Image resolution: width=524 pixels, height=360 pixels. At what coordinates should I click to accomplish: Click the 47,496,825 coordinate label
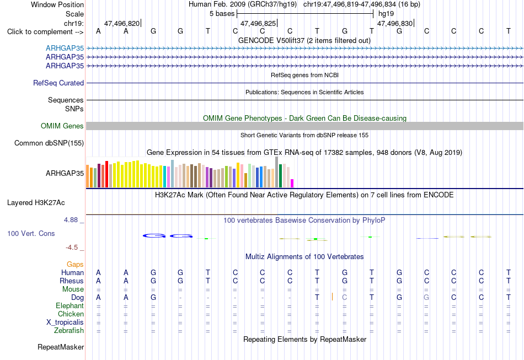click(x=258, y=23)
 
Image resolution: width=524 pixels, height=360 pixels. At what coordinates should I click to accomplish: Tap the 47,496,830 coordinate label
click(x=395, y=23)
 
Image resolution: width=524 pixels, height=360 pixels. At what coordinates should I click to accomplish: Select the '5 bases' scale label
click(x=222, y=14)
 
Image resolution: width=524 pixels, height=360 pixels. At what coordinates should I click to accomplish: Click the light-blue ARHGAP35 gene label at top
click(x=65, y=48)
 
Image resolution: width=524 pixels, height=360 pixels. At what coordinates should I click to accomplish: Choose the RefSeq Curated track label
click(x=58, y=83)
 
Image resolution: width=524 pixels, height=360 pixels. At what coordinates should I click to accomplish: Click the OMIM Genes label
click(x=62, y=126)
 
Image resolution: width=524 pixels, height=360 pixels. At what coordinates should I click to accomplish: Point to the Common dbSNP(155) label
click(x=49, y=143)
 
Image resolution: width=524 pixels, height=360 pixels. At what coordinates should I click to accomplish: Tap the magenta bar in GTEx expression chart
click(x=292, y=184)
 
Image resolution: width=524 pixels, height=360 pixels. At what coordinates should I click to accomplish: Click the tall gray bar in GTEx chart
click(x=277, y=172)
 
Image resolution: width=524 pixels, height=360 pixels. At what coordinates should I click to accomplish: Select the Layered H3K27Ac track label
click(x=36, y=203)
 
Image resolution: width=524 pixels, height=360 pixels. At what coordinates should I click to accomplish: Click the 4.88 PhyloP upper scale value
click(x=71, y=220)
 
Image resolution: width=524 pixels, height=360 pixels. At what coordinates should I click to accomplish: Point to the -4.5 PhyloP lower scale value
click(x=72, y=247)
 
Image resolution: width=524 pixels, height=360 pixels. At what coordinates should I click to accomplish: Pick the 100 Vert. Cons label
click(x=31, y=233)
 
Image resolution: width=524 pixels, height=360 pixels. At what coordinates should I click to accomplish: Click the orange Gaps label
click(x=75, y=265)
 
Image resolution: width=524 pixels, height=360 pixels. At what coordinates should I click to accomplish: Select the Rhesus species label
click(x=72, y=281)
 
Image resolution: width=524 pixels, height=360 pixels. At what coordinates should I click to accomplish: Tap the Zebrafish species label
click(x=69, y=330)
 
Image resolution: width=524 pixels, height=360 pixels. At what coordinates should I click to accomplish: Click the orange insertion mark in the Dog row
click(x=332, y=297)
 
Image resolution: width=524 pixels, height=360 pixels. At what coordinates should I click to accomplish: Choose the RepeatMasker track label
click(x=61, y=347)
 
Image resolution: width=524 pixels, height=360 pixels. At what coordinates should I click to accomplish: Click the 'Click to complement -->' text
click(x=45, y=32)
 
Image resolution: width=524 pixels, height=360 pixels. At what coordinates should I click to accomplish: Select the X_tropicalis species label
click(x=65, y=323)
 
